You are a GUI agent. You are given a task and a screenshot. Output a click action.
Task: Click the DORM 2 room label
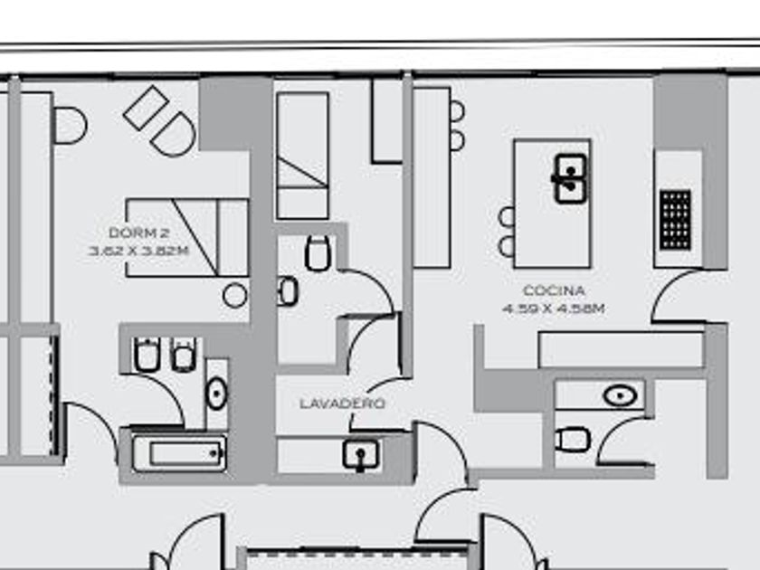coord(138,233)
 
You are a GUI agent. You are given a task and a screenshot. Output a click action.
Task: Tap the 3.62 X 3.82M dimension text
coord(138,251)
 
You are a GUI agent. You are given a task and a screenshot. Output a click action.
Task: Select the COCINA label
coord(554,291)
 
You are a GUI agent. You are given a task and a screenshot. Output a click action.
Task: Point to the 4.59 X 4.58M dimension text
coord(554,308)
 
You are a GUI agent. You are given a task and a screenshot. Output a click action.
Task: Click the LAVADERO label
coord(342,404)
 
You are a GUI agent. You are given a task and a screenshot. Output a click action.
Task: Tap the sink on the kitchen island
coord(569,177)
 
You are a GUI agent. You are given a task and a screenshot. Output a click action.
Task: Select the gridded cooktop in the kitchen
coord(676,220)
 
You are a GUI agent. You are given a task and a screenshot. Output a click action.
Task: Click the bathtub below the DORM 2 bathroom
coord(178,453)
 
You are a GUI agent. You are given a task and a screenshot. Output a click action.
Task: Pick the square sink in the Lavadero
coord(361,453)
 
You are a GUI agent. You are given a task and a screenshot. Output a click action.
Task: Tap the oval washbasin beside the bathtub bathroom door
coord(217,394)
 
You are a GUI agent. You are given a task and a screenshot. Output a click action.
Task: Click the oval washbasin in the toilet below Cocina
coord(619,395)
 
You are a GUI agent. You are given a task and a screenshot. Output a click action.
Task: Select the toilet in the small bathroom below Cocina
coord(573,441)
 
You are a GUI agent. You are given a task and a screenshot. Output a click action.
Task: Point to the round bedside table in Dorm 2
coord(235,294)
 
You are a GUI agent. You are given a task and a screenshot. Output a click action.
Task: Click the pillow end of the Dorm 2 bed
coord(233,237)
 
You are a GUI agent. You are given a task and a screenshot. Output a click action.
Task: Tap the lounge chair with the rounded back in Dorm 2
coord(173,133)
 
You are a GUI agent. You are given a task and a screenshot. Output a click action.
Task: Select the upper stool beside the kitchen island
coord(507,217)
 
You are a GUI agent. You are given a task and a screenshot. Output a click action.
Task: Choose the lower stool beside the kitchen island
coord(507,246)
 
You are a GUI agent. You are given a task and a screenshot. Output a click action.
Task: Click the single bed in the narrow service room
coord(302,156)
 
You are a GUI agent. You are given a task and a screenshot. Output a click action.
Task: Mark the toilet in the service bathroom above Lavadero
coord(318,253)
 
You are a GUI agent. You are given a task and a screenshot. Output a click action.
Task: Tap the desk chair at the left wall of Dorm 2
coord(70,125)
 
